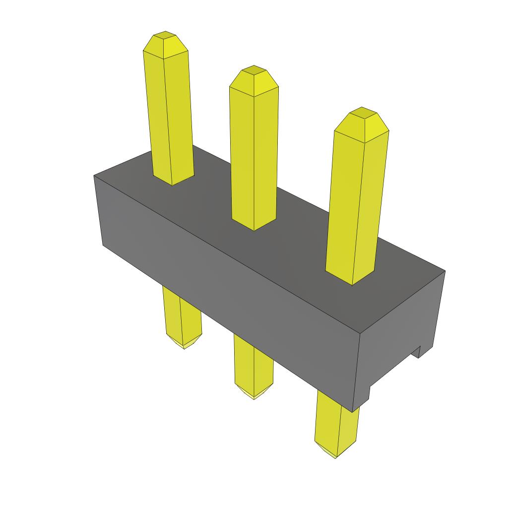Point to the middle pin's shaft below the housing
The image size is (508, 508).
tap(254, 365)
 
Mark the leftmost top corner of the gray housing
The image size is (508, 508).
tap(95, 176)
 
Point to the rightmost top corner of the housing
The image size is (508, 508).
tap(444, 271)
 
